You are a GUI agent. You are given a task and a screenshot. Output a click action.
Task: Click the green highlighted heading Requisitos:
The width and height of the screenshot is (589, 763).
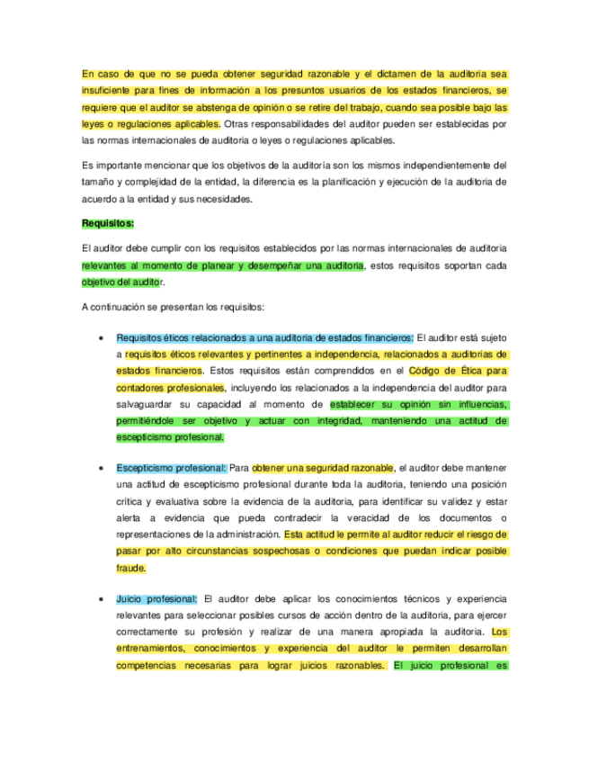pyautogui.click(x=107, y=222)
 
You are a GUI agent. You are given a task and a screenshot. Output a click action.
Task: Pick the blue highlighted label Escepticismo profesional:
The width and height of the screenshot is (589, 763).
pyautogui.click(x=171, y=468)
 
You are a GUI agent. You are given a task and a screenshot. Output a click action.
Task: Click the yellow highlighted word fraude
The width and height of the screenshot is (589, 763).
pyautogui.click(x=130, y=569)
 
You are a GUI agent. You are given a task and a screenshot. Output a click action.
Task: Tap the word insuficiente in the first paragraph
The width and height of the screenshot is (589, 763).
pyautogui.click(x=109, y=91)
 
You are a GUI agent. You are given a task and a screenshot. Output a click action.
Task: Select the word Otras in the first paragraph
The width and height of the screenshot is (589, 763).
pyautogui.click(x=237, y=123)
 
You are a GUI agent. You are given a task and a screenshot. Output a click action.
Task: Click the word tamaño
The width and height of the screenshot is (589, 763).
pyautogui.click(x=98, y=182)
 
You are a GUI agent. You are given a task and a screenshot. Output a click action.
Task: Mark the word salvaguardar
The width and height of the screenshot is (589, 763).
pyautogui.click(x=147, y=403)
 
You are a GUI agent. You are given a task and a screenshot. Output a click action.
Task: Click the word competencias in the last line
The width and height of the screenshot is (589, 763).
pyautogui.click(x=149, y=667)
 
